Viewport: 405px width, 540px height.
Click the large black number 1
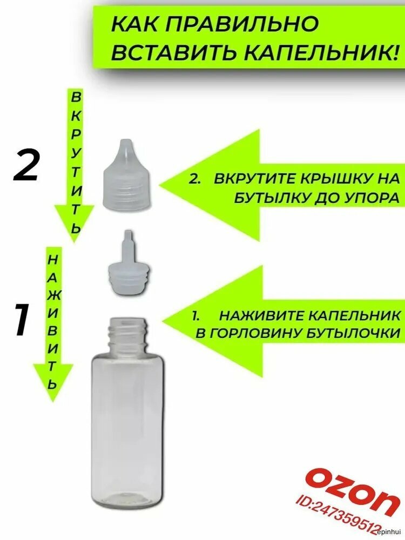[x=22, y=320]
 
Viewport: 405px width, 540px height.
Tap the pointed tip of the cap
[x=125, y=140]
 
